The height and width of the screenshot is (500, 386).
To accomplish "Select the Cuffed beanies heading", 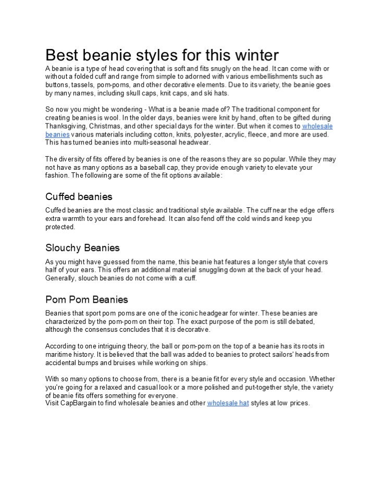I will click(79, 196).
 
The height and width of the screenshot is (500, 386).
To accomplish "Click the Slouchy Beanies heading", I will click(82, 248).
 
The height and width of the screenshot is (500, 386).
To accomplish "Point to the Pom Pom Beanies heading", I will click(86, 299).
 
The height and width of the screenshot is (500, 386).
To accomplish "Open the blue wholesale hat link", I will click(228, 403).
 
